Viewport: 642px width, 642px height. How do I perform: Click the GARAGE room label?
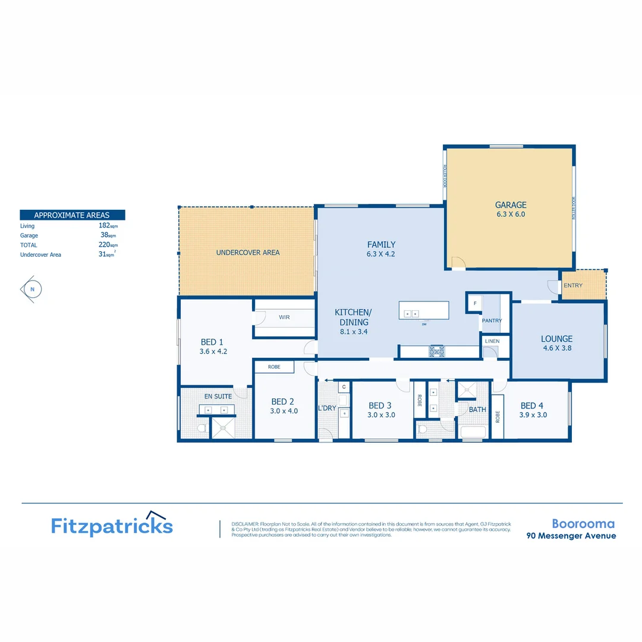click(511, 205)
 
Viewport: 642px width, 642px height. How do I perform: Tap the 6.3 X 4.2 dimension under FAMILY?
click(381, 254)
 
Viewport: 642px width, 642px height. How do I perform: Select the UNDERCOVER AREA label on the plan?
click(247, 253)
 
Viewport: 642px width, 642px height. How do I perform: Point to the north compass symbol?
click(32, 289)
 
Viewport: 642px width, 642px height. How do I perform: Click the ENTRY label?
click(574, 285)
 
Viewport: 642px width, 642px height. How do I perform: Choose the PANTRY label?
click(492, 320)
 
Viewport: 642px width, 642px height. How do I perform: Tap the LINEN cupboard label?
click(492, 341)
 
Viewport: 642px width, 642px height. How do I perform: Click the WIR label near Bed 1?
click(284, 317)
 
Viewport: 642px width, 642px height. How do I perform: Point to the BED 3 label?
click(380, 405)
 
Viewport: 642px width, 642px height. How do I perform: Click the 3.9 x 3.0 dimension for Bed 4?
click(533, 415)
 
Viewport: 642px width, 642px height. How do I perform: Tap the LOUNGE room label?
click(556, 339)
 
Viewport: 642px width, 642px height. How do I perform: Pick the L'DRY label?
click(327, 408)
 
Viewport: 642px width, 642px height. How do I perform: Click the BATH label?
click(477, 410)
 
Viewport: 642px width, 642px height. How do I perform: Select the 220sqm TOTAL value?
click(108, 245)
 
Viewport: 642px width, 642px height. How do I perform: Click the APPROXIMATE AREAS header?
click(73, 215)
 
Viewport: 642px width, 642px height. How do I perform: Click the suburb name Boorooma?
click(583, 524)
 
